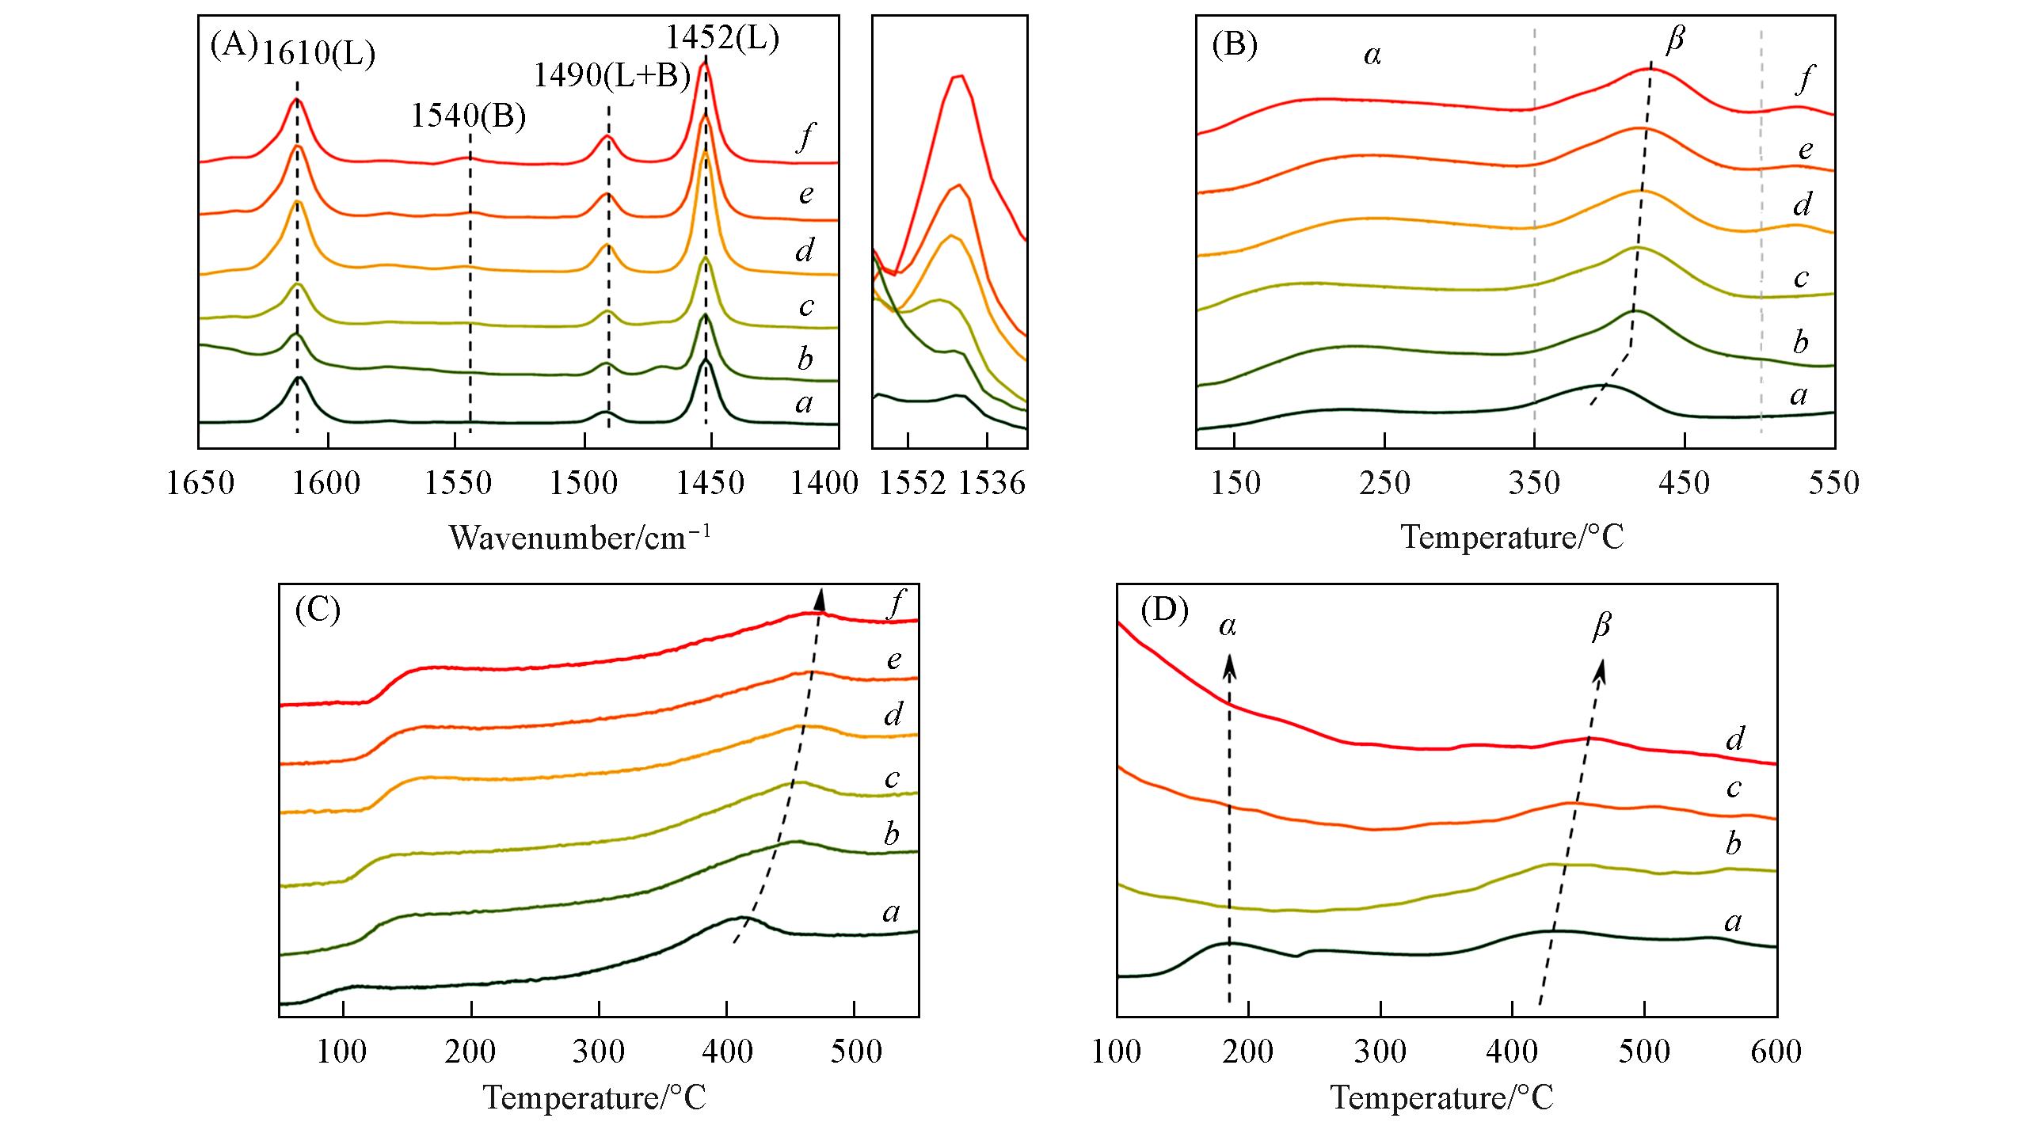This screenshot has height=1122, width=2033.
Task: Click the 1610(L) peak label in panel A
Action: tap(318, 54)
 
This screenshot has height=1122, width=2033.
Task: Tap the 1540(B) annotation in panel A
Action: tap(468, 116)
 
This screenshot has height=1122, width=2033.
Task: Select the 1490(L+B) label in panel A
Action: tap(611, 76)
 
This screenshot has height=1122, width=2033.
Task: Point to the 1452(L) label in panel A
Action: tap(721, 37)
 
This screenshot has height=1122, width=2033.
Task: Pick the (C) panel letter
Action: tap(317, 611)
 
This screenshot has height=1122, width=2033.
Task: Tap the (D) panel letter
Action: tap(1164, 611)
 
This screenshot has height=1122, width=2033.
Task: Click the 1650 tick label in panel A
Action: tap(200, 483)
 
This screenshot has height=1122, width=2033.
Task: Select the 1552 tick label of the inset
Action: tap(913, 483)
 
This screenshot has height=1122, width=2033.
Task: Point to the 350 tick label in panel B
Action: tap(1534, 483)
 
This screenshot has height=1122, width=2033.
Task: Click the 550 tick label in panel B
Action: tap(1833, 483)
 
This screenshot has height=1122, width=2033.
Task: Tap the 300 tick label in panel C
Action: tap(599, 1052)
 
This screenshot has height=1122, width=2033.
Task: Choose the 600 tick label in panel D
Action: tap(1776, 1052)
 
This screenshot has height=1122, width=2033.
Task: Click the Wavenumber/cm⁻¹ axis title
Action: tap(580, 538)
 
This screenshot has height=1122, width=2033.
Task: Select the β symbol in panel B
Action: tap(1673, 40)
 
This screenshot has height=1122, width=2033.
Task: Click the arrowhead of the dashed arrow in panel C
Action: tap(820, 599)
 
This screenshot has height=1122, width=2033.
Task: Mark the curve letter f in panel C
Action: tap(895, 605)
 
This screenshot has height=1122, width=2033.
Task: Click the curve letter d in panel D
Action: tap(1734, 738)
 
